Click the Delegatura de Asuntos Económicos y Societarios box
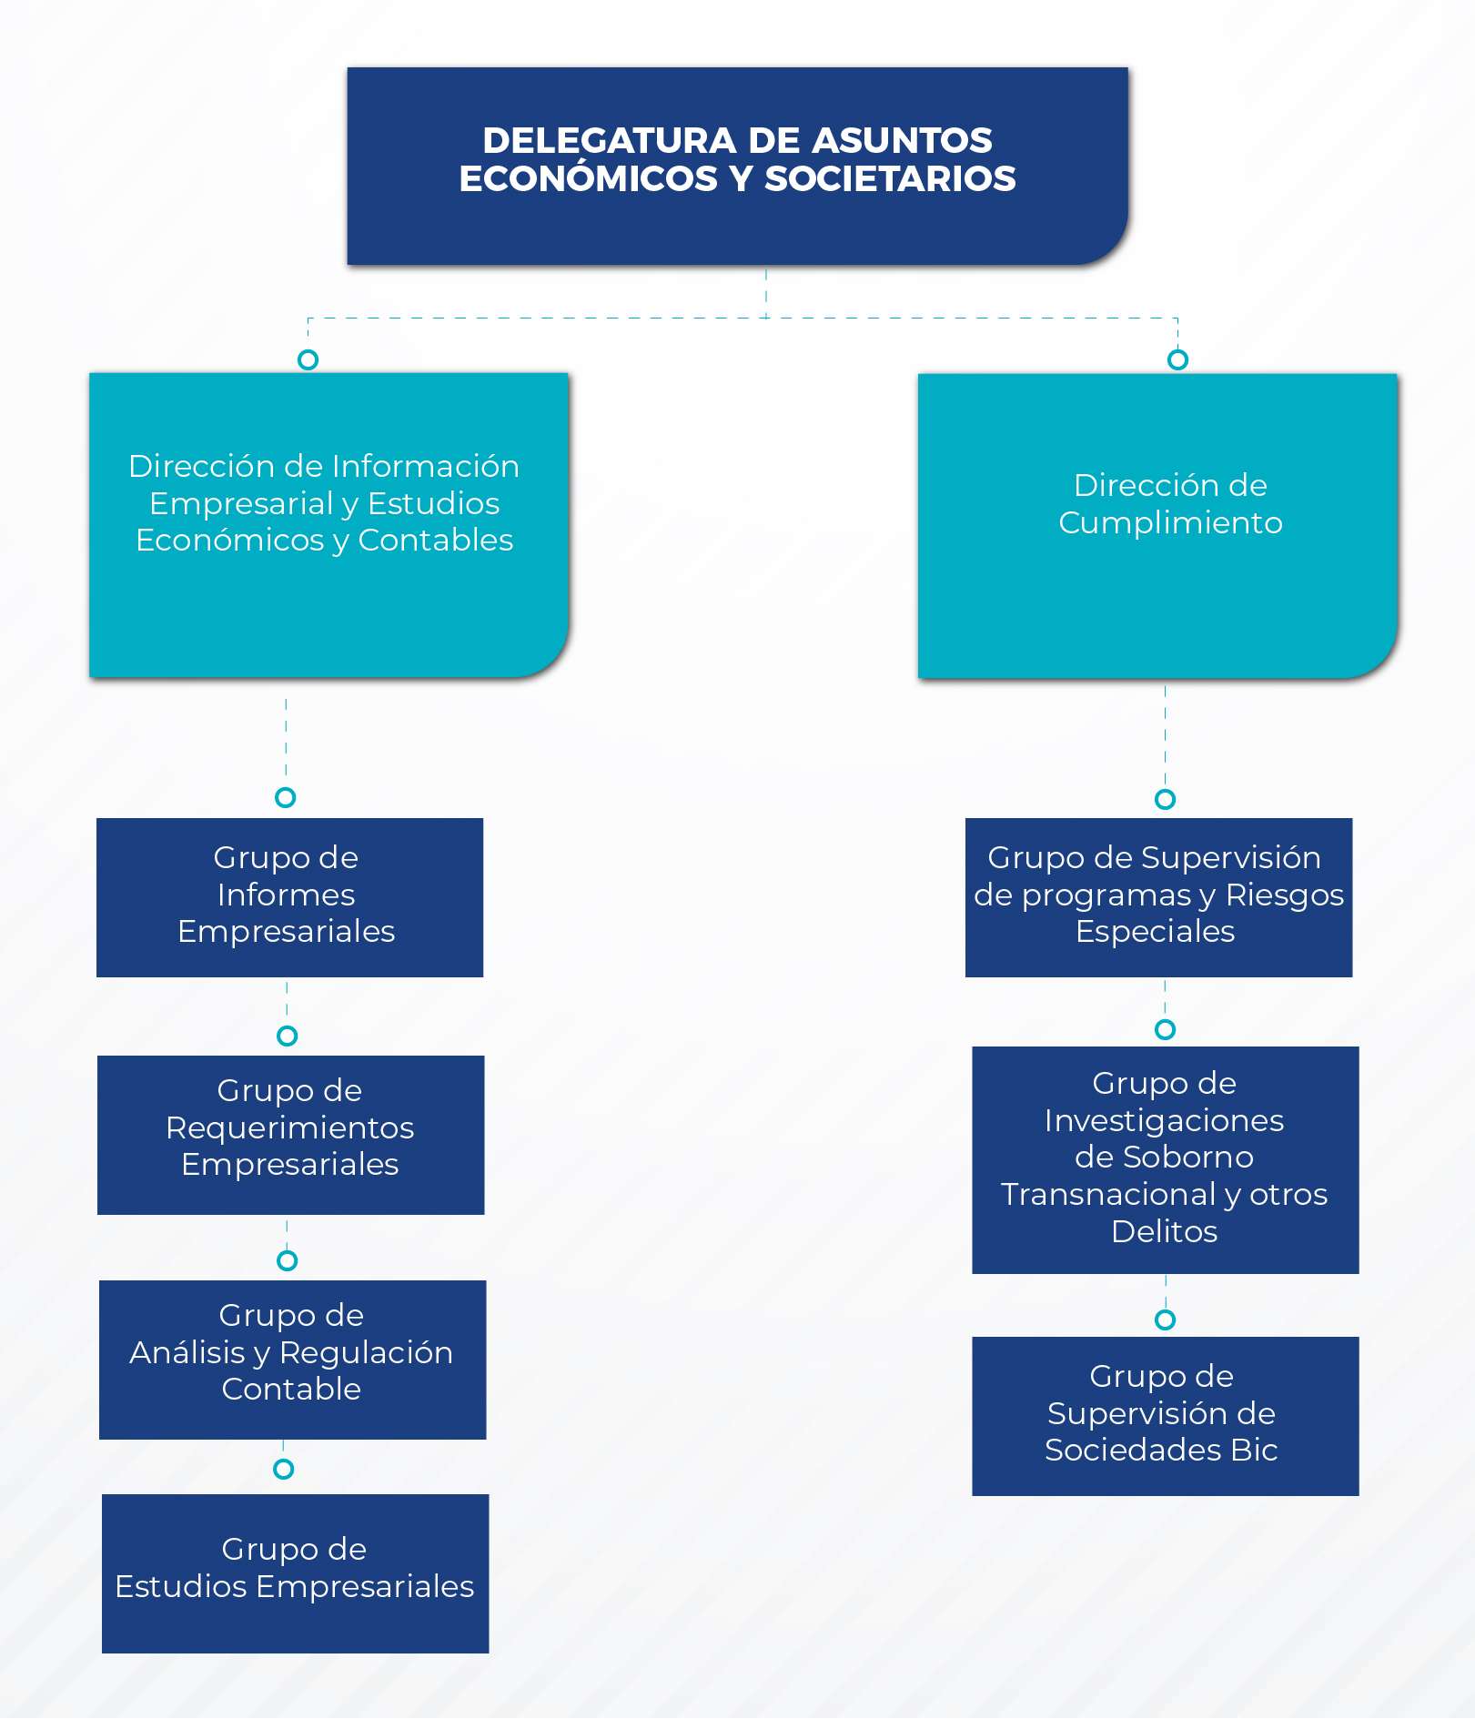point(737,166)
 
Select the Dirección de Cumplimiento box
point(1157,525)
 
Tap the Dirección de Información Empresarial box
point(328,524)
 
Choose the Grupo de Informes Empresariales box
point(289,897)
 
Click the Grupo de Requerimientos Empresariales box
point(290,1135)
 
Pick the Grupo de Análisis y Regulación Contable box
point(292,1360)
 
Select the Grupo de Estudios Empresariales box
point(295,1573)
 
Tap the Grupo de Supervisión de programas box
point(1158,897)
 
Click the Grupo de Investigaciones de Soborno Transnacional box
point(1165,1159)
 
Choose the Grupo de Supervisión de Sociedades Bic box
point(1165,1416)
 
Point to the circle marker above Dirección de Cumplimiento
point(1177,359)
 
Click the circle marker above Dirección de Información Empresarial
point(308,359)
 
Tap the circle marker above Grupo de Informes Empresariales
point(285,797)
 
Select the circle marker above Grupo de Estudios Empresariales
point(283,1469)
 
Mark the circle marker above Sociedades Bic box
point(1165,1320)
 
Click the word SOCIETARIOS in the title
point(890,178)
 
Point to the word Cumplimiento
point(1170,522)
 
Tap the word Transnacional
point(1107,1194)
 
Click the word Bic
point(1254,1450)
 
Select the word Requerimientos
point(290,1127)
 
